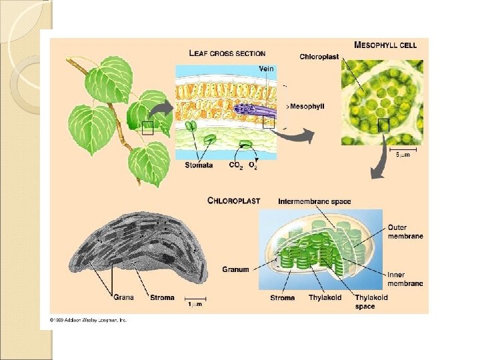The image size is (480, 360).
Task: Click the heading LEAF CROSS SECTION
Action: [227, 53]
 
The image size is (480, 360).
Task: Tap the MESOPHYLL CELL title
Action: [385, 45]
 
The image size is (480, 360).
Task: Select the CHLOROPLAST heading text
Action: [233, 200]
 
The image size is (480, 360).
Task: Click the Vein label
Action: [266, 69]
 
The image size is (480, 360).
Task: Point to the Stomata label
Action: [199, 165]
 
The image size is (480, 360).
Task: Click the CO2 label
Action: [235, 165]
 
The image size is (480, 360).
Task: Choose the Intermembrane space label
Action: [314, 201]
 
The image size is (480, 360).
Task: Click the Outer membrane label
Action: [405, 231]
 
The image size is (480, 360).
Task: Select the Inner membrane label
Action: [405, 279]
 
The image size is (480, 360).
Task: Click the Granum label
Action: [235, 269]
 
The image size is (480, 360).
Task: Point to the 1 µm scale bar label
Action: [195, 304]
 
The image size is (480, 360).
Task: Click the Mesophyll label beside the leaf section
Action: [303, 106]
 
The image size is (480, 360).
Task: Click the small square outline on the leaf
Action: [147, 128]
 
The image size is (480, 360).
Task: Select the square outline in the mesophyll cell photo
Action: [383, 125]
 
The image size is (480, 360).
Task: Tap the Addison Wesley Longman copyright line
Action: [83, 319]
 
